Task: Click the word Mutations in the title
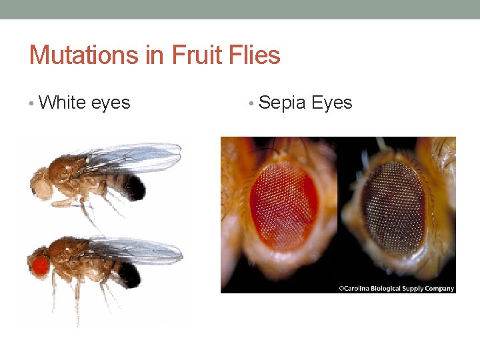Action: pos(83,54)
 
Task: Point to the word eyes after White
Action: pos(111,103)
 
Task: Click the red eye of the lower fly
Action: pos(40,266)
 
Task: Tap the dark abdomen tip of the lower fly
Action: pos(130,273)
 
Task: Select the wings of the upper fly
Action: pos(133,157)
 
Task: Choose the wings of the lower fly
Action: pos(137,250)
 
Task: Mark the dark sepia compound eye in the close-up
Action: pos(393,207)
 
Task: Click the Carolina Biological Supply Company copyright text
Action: pos(396,288)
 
